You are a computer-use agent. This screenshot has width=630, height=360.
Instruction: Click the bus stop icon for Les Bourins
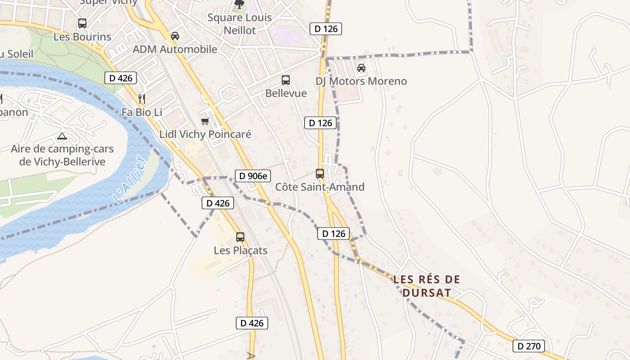click(x=82, y=23)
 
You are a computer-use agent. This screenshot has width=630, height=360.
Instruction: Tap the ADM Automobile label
click(x=175, y=49)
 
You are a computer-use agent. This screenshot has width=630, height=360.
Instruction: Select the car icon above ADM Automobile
click(x=175, y=36)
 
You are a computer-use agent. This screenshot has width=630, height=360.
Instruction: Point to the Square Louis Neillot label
click(x=239, y=24)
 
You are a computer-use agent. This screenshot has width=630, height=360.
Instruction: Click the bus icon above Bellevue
click(x=285, y=80)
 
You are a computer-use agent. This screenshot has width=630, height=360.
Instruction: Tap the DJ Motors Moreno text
click(x=361, y=81)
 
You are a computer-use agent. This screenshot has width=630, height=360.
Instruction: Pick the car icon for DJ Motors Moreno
click(x=361, y=68)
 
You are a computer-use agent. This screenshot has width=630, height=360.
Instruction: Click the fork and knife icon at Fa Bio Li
click(x=141, y=99)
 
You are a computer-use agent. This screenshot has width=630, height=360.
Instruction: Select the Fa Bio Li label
click(x=142, y=112)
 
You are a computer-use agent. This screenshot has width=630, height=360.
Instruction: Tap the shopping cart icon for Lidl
click(x=205, y=121)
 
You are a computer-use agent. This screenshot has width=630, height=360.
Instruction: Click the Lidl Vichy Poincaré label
click(x=205, y=134)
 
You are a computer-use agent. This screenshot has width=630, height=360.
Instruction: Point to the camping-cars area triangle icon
click(x=62, y=136)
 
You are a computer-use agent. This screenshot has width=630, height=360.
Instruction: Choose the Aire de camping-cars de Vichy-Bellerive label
click(x=62, y=155)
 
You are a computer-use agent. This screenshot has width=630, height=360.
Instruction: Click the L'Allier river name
click(x=130, y=180)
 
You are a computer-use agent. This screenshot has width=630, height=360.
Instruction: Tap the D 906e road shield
click(x=253, y=176)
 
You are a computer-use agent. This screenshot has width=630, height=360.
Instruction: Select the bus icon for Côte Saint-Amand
click(x=319, y=173)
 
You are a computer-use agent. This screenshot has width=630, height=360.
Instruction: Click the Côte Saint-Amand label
click(x=319, y=187)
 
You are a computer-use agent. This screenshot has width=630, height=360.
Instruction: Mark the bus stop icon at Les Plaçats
click(x=240, y=237)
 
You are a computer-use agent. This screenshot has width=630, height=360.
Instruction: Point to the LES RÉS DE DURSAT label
click(x=427, y=286)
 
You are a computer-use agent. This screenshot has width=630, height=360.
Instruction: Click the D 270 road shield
click(x=529, y=346)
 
